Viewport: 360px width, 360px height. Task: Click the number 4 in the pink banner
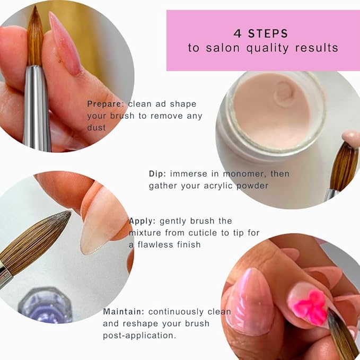(238, 33)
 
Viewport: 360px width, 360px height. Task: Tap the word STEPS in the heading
(268, 33)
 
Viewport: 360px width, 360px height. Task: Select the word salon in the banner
(223, 48)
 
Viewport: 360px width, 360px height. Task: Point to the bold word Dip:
(157, 174)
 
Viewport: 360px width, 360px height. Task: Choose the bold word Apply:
(142, 221)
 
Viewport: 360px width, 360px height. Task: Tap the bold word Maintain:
(124, 312)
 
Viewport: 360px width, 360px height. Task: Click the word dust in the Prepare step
(96, 127)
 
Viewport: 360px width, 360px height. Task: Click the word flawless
(155, 244)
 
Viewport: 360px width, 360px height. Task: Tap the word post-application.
(139, 336)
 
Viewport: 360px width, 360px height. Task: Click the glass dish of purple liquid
(46, 305)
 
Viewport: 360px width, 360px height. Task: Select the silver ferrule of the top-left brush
(37, 108)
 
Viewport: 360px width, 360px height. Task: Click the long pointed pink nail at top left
(65, 43)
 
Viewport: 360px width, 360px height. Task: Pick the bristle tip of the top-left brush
(35, 7)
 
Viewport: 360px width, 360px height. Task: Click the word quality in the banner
(267, 48)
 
